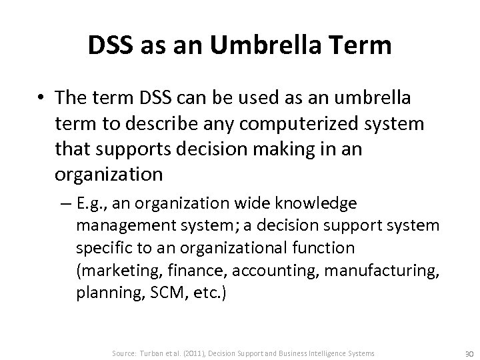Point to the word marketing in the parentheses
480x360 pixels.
point(119,272)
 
